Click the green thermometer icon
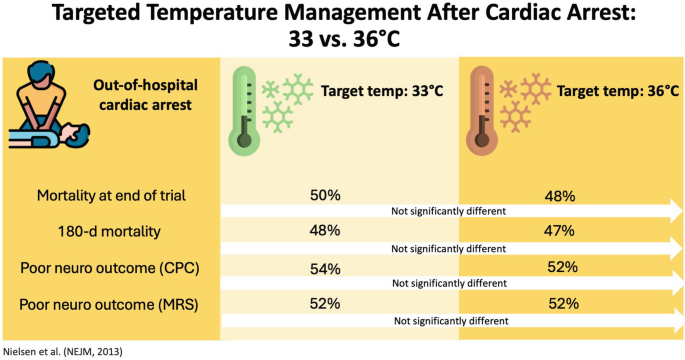[243, 111]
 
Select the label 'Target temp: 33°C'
[381, 92]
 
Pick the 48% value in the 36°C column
[560, 197]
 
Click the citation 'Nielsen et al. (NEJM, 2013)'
[69, 351]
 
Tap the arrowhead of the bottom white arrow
[668, 320]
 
